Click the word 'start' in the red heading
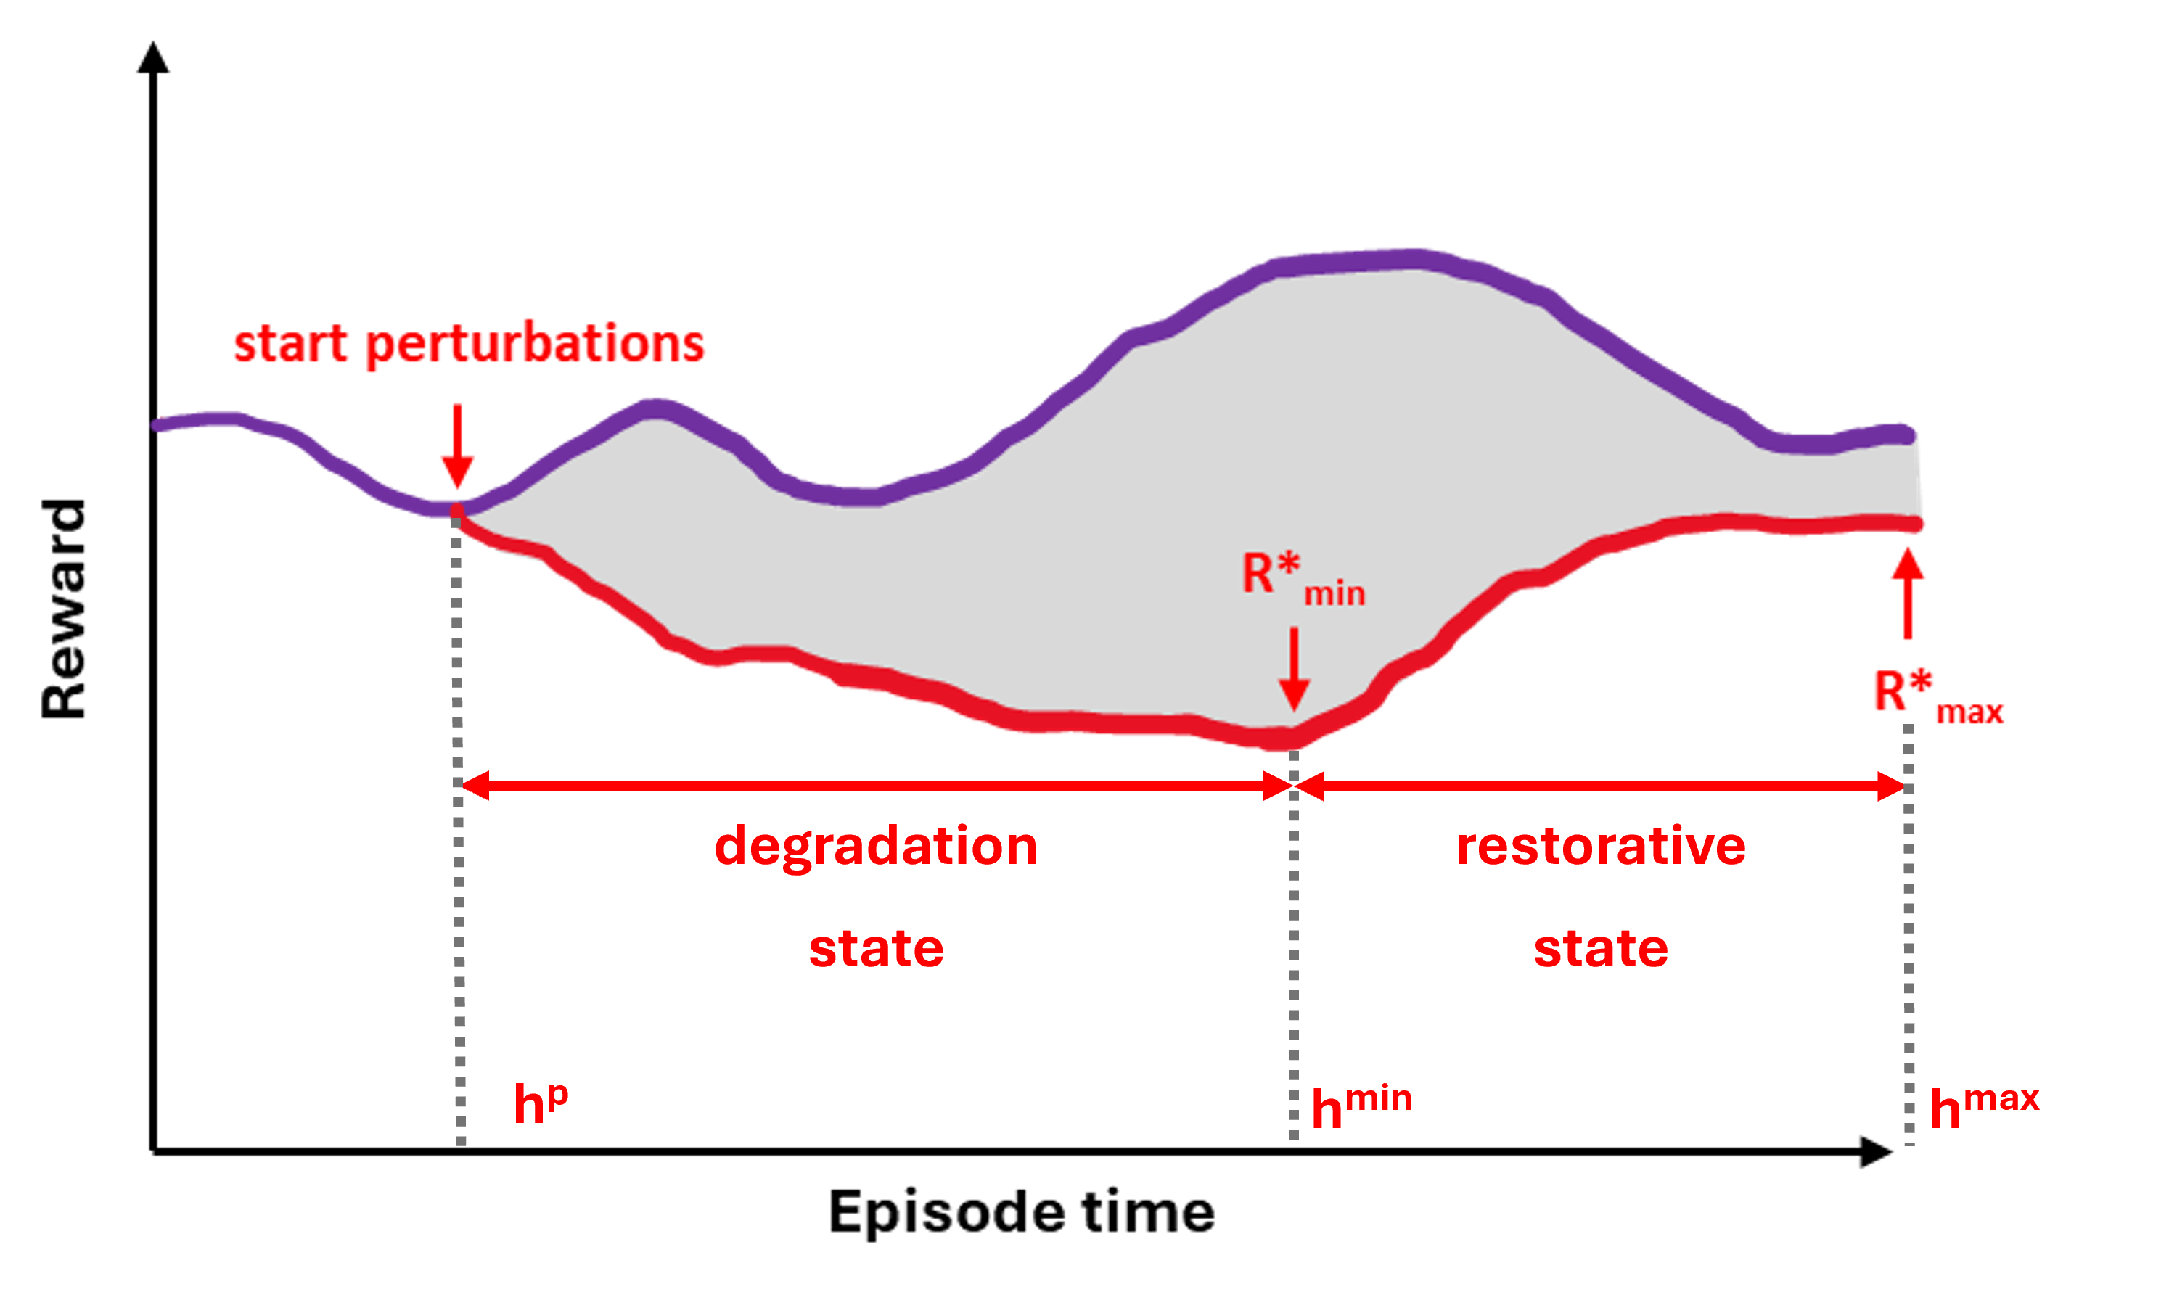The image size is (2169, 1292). point(291,344)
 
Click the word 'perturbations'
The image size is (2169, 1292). point(535,345)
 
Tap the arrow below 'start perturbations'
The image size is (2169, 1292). point(457,448)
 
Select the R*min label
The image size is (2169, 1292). point(1302,579)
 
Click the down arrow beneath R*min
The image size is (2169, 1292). point(1294,670)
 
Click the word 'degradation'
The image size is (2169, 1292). point(875,847)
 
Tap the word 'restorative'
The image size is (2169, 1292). point(1600,847)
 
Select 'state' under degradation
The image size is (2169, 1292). point(876,948)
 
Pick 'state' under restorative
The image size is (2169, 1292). point(1600,948)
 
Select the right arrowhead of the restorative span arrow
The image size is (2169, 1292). point(1892,786)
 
